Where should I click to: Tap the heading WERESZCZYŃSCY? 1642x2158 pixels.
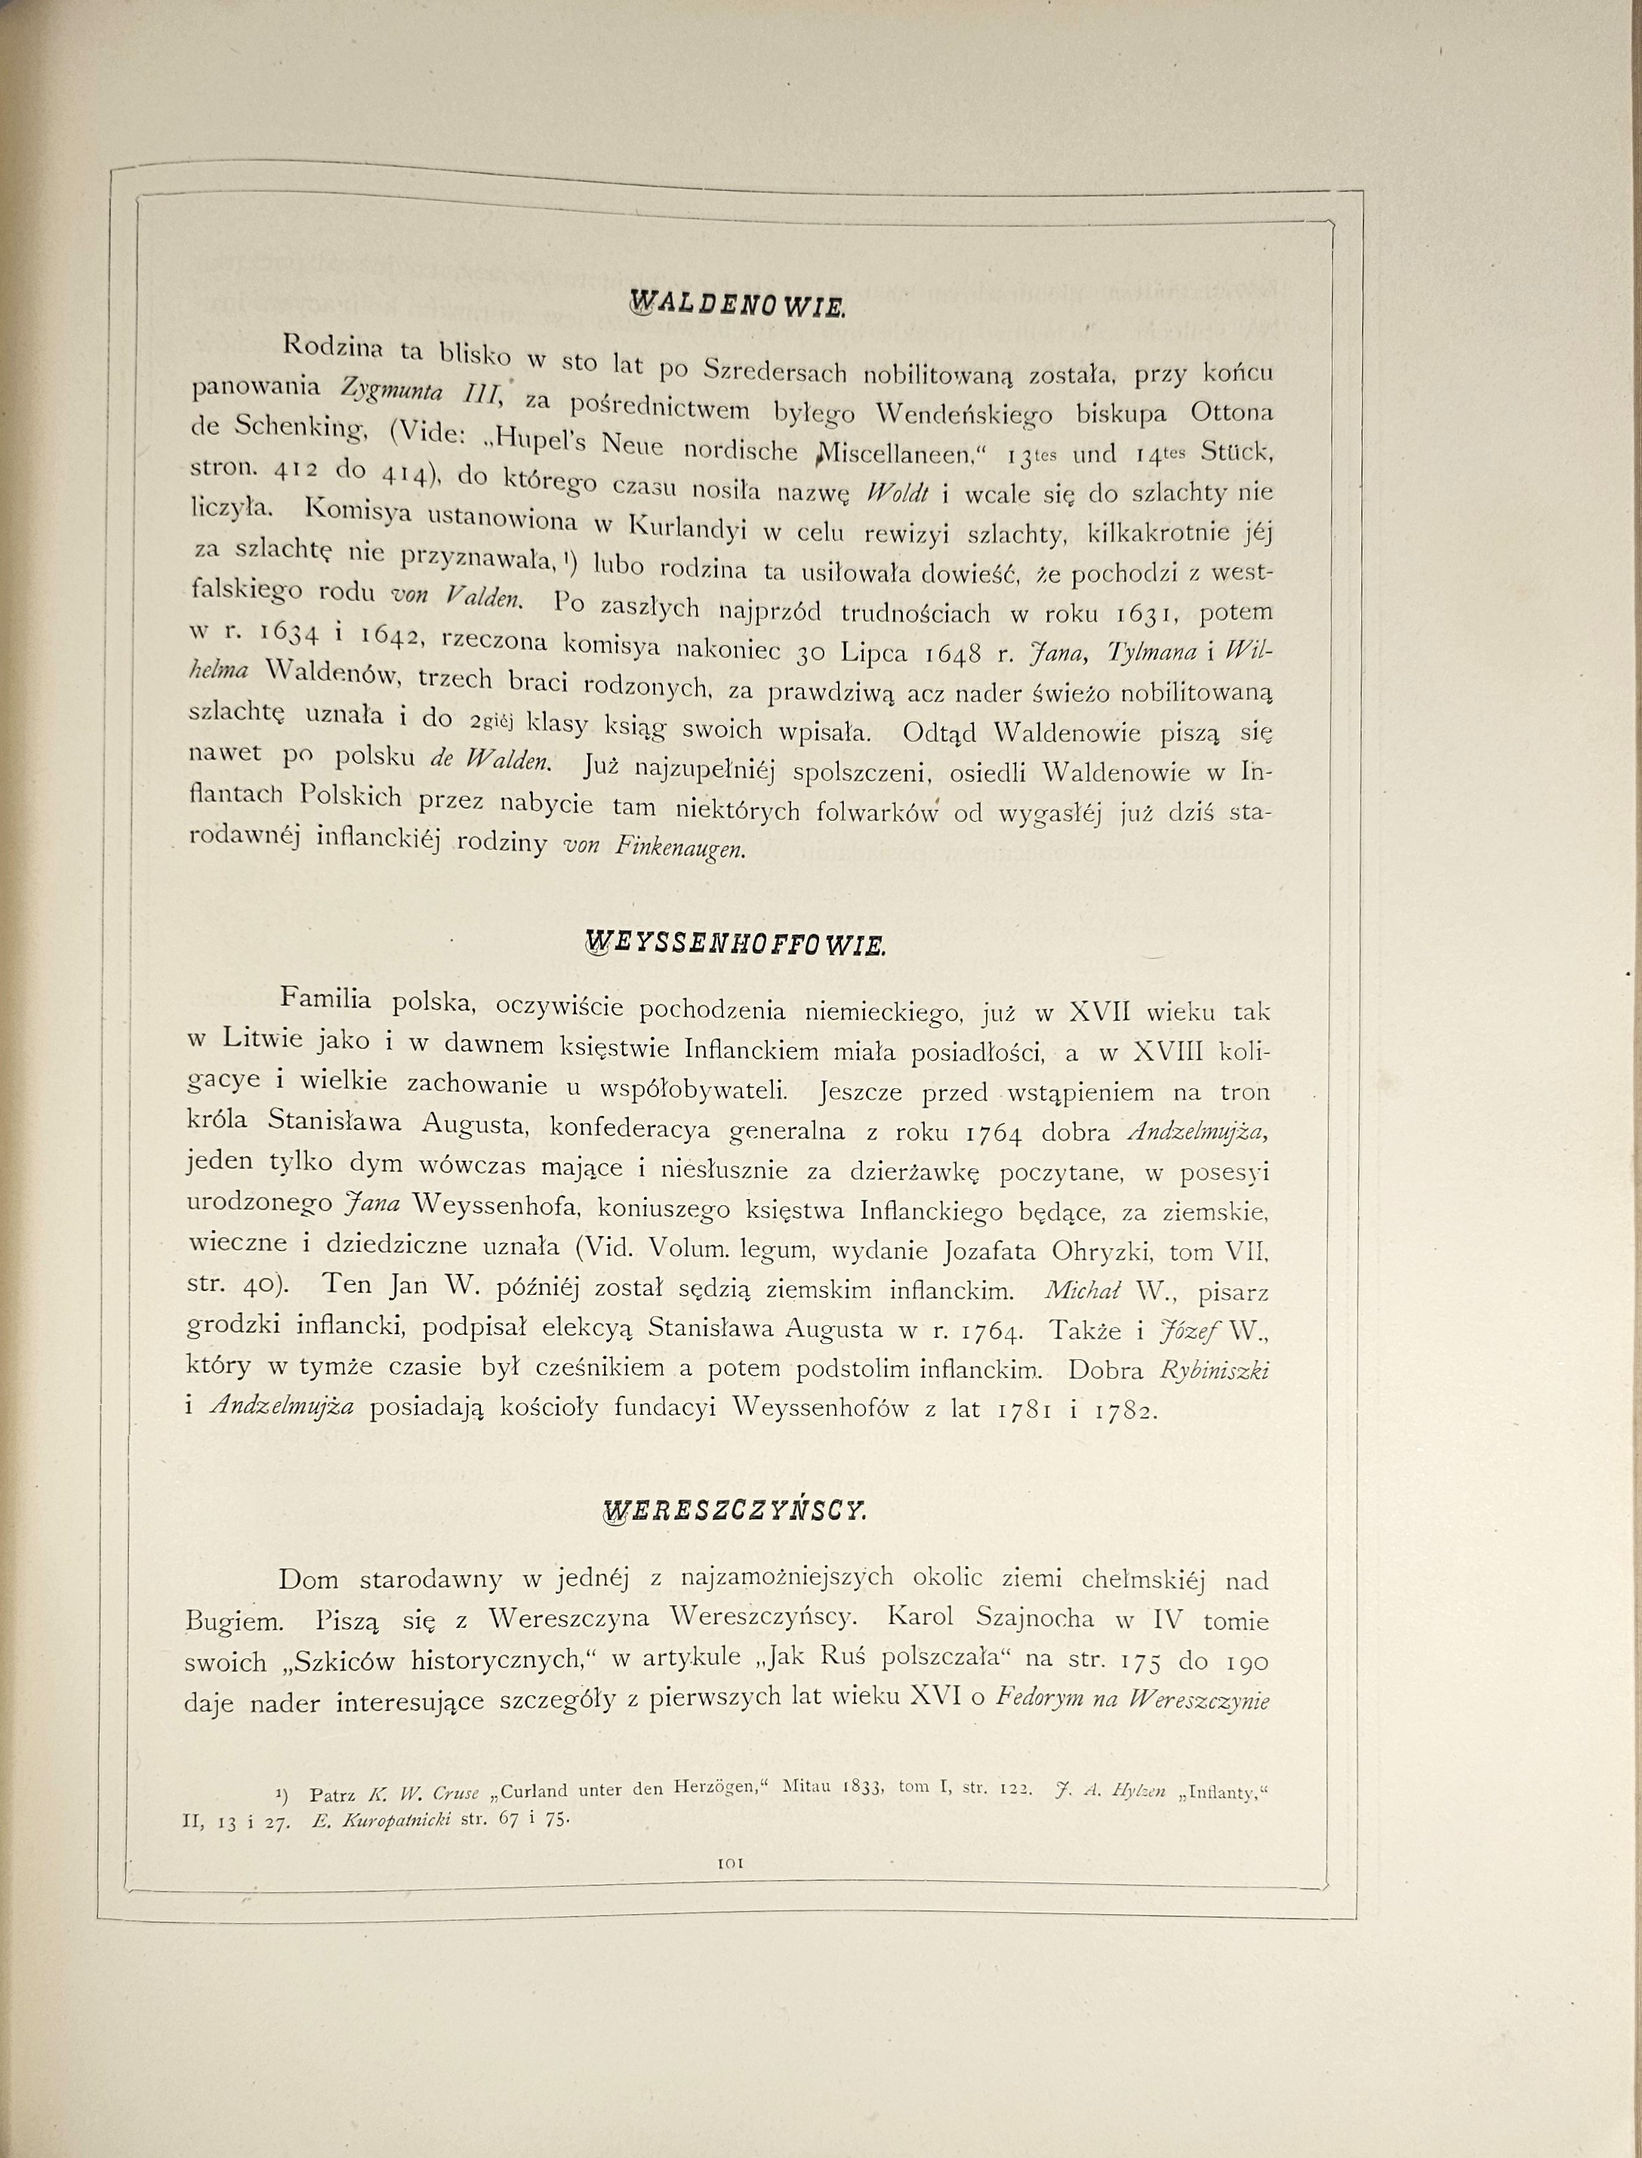coord(735,1511)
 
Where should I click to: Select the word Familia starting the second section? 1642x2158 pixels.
coord(325,999)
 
